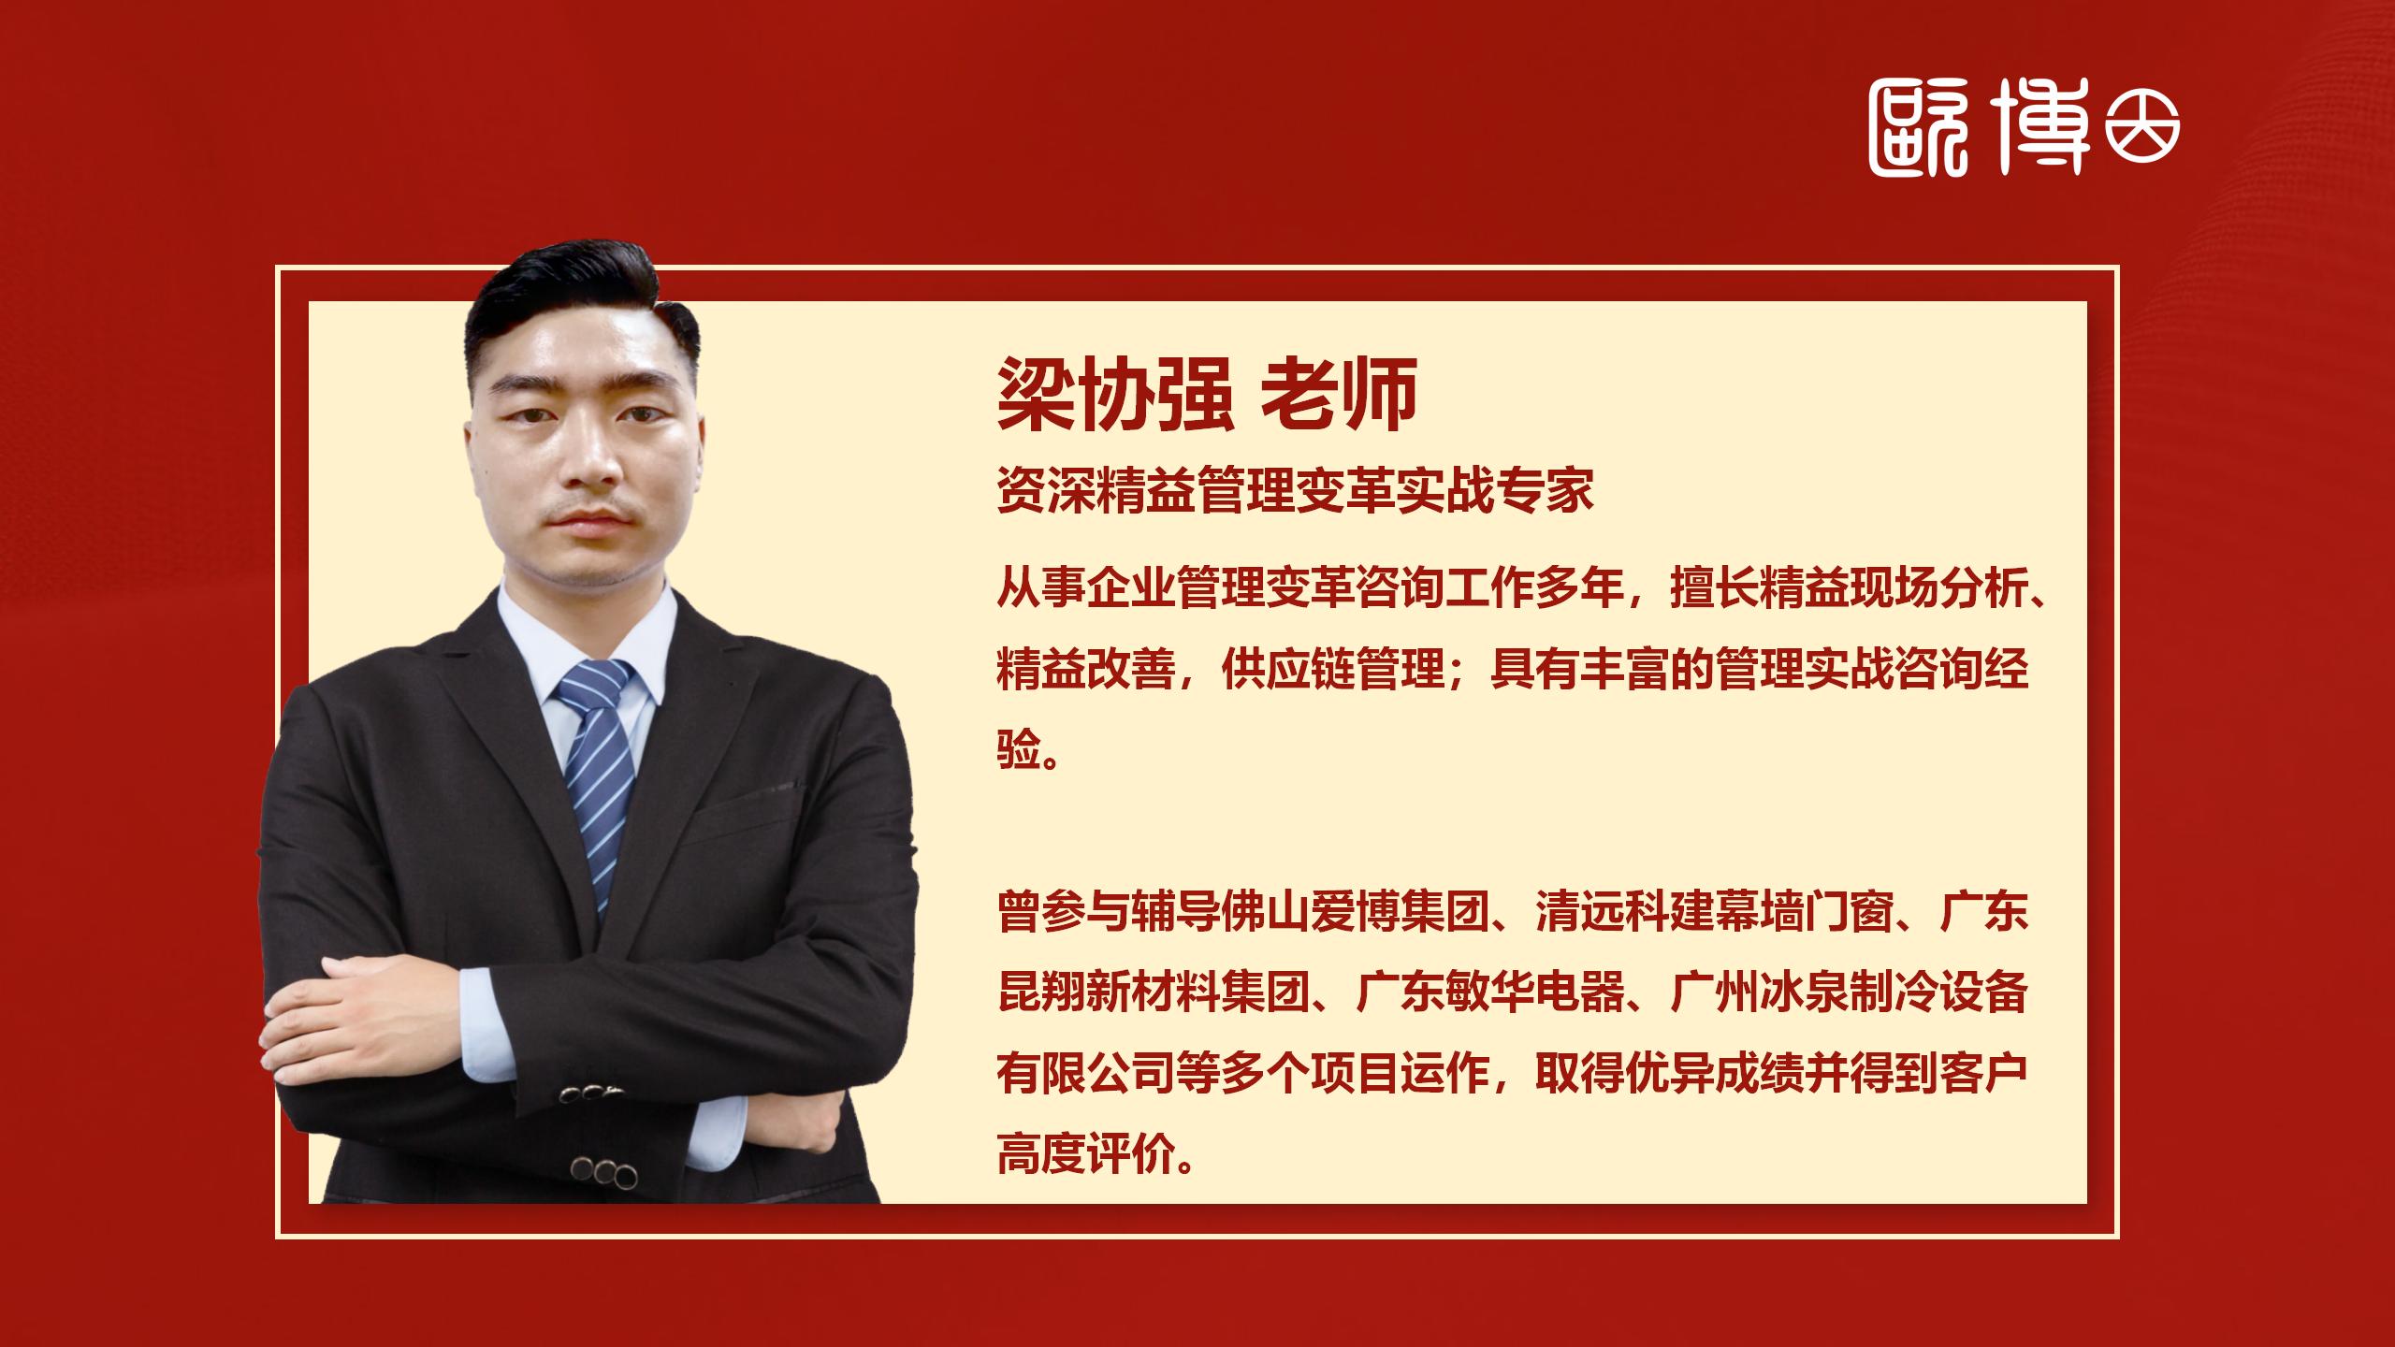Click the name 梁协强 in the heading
pos(1113,395)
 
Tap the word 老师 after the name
pos(1340,395)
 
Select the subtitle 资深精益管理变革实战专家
pos(1295,490)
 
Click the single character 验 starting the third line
pos(1019,749)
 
